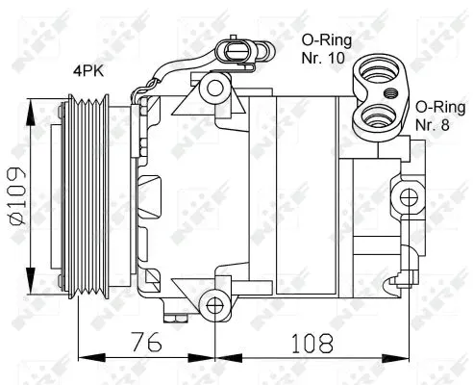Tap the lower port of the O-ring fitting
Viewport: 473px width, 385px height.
pyautogui.click(x=372, y=117)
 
